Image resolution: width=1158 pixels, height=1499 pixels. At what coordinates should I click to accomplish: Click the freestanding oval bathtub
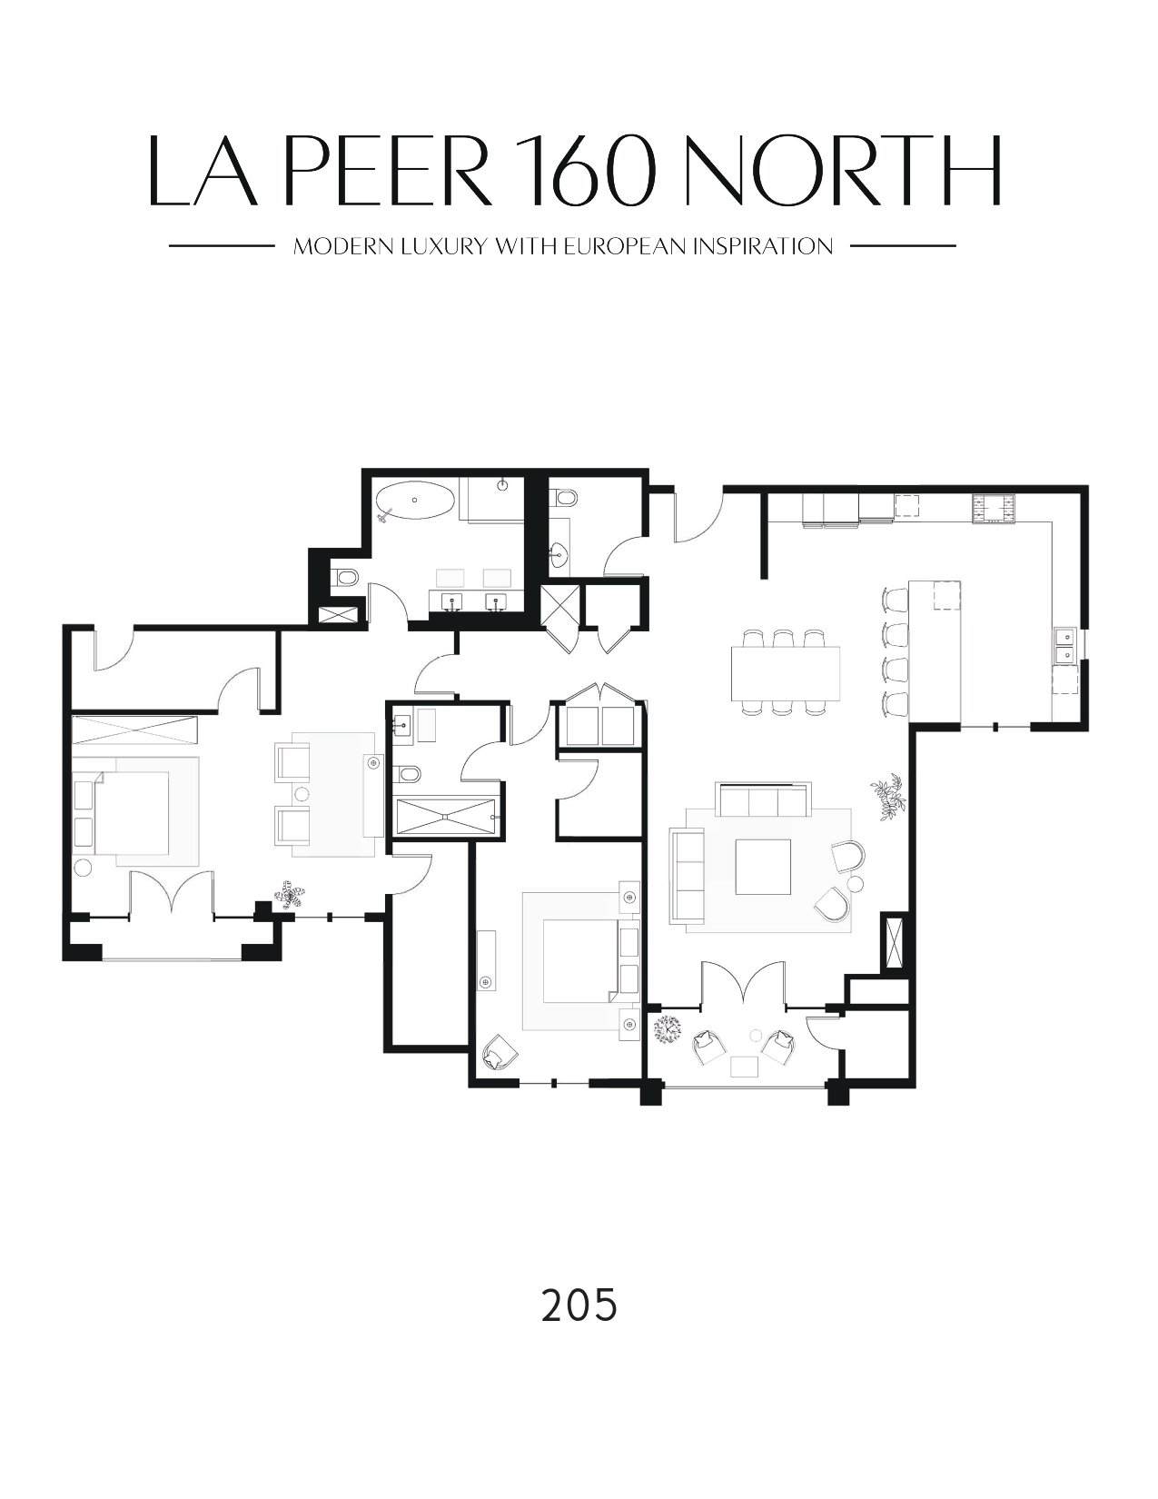click(414, 499)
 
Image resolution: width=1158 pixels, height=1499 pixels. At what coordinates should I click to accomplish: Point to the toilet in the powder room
click(563, 499)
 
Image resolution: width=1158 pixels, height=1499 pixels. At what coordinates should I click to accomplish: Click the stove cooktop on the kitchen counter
click(994, 509)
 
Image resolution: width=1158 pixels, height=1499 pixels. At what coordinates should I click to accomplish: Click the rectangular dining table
click(787, 672)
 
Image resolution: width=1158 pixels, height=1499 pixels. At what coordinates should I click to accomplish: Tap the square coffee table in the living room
click(763, 867)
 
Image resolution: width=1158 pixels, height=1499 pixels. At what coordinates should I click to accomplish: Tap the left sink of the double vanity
click(452, 601)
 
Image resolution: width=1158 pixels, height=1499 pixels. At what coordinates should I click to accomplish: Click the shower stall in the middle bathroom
click(446, 817)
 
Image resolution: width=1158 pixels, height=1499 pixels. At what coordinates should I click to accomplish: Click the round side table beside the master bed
click(83, 868)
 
